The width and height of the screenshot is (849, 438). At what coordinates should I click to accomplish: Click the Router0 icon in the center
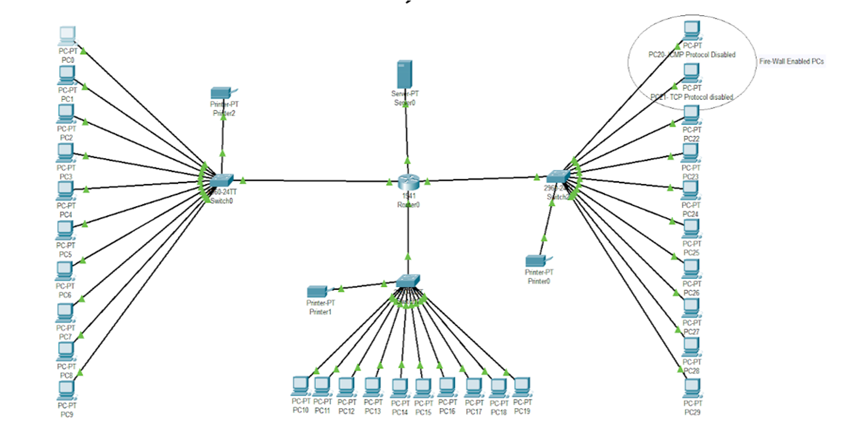pyautogui.click(x=408, y=182)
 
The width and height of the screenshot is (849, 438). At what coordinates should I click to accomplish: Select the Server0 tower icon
pyautogui.click(x=404, y=74)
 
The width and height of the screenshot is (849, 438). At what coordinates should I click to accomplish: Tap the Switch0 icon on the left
pyautogui.click(x=221, y=180)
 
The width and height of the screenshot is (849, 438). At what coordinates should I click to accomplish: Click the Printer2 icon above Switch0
pyautogui.click(x=221, y=93)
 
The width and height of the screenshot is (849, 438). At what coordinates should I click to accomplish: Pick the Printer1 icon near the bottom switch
pyautogui.click(x=317, y=291)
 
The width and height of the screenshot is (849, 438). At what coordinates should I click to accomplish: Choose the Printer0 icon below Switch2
pyautogui.click(x=536, y=261)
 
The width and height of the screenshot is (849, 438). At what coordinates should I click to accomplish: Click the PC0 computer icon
pyautogui.click(x=67, y=35)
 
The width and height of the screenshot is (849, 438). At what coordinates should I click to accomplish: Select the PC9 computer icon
pyautogui.click(x=67, y=390)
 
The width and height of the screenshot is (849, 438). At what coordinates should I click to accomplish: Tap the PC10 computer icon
pyautogui.click(x=300, y=386)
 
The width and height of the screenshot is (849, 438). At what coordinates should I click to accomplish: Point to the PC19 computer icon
pyautogui.click(x=522, y=387)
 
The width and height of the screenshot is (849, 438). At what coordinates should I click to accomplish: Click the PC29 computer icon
pyautogui.click(x=692, y=388)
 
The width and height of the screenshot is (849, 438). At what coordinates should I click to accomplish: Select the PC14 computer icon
pyautogui.click(x=400, y=388)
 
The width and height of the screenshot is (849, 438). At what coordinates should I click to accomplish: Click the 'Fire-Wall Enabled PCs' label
pyautogui.click(x=791, y=61)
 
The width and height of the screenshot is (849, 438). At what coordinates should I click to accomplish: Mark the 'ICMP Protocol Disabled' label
pyautogui.click(x=703, y=54)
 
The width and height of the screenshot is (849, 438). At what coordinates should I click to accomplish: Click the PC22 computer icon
pyautogui.click(x=691, y=114)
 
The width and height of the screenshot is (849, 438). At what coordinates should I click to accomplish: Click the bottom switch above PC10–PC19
pyautogui.click(x=408, y=281)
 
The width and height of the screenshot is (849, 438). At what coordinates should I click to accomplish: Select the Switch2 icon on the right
pyautogui.click(x=558, y=176)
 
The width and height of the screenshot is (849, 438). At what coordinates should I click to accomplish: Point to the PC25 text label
pyautogui.click(x=691, y=253)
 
